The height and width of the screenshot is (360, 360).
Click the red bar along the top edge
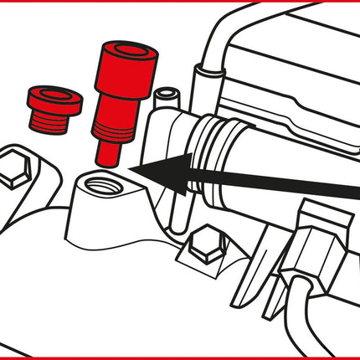point(180,3)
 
